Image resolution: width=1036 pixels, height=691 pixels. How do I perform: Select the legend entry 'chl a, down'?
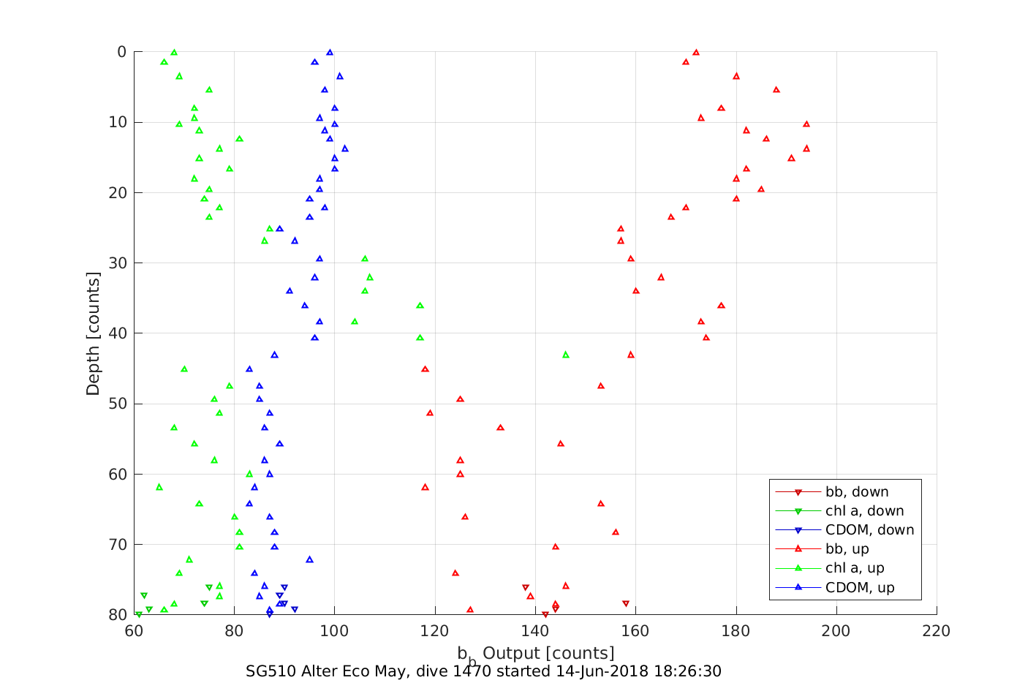click(864, 511)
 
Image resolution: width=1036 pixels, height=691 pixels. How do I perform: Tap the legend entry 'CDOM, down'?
click(869, 530)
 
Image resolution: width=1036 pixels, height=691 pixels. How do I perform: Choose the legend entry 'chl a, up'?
click(855, 568)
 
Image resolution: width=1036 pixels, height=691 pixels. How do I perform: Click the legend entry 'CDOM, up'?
click(860, 587)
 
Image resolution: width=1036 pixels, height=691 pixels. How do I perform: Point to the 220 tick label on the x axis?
click(937, 631)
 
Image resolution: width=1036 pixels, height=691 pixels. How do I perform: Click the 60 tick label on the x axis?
click(134, 631)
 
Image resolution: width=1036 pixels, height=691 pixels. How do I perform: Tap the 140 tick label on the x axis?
click(535, 631)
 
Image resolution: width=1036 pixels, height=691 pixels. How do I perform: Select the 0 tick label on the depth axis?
click(121, 52)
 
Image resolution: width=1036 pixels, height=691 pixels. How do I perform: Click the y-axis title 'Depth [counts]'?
click(93, 333)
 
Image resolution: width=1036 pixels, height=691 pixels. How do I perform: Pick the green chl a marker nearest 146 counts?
click(565, 355)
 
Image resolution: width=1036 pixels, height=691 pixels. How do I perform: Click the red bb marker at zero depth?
click(696, 53)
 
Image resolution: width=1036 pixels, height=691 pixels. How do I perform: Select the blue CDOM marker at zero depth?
click(330, 53)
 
